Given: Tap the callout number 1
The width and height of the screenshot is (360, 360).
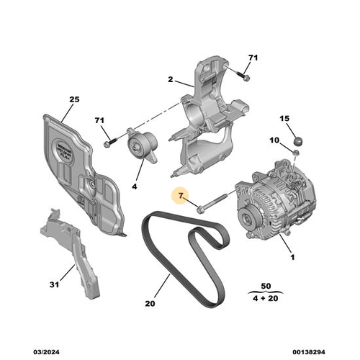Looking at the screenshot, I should click(x=292, y=257).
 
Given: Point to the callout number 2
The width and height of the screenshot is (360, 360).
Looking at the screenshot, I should click(x=171, y=81).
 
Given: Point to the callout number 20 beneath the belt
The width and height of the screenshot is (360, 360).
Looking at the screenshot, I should click(x=149, y=305).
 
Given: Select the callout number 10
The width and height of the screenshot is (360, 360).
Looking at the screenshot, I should click(x=274, y=140).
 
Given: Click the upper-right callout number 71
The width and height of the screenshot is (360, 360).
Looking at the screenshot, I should click(x=252, y=58).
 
